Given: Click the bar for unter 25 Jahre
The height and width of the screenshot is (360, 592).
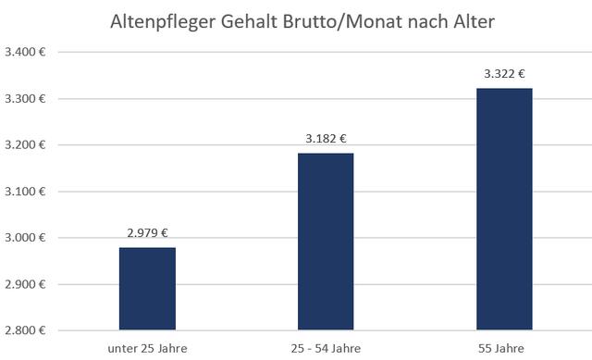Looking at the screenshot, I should tap(147, 289).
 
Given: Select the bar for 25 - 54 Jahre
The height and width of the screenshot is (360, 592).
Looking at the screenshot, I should tap(326, 241).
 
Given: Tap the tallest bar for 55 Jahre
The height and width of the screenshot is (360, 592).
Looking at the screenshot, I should tap(504, 208).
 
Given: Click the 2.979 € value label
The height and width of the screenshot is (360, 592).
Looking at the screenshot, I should tap(147, 233).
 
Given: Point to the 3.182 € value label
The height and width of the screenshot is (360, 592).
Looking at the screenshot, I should tap(326, 139).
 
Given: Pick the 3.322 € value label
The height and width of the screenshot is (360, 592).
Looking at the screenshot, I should tap(504, 74).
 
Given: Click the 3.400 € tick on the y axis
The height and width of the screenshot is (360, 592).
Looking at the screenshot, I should tap(27, 53).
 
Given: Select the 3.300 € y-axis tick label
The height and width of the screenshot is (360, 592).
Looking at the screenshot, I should tap(27, 99).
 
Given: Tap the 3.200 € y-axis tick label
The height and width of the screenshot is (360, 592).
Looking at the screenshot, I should tap(27, 145).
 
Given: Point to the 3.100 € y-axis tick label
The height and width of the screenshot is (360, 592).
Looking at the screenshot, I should tap(27, 192).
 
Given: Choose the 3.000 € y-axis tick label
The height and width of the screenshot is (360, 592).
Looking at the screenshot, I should tap(27, 238).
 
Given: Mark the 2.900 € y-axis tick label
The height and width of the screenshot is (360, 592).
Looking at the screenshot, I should tap(27, 284).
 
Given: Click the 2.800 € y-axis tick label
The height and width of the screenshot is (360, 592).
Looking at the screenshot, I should tap(27, 330).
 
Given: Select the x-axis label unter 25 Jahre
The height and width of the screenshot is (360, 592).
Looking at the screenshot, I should tap(147, 347).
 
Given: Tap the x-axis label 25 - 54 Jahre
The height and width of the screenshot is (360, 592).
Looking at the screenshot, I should tap(326, 347).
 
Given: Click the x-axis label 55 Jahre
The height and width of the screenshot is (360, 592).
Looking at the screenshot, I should tap(504, 347).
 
